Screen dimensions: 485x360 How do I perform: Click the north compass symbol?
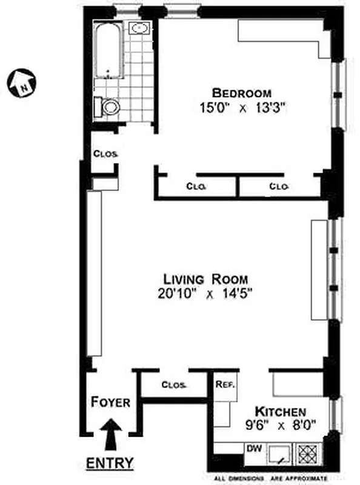(x=21, y=81)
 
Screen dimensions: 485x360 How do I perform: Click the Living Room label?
(x=205, y=279)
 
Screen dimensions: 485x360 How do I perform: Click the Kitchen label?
(x=281, y=411)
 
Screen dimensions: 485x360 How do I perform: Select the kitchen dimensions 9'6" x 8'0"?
(x=281, y=425)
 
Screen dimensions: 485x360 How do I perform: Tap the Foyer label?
(x=111, y=402)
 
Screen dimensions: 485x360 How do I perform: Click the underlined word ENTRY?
(x=110, y=463)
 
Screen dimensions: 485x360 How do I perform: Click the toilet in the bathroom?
(x=110, y=108)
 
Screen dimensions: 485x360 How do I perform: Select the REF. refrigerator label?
(x=225, y=384)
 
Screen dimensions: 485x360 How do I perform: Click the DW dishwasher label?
(x=255, y=449)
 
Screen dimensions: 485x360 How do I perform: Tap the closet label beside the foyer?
(x=174, y=385)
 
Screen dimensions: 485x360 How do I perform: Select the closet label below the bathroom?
(x=105, y=153)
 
